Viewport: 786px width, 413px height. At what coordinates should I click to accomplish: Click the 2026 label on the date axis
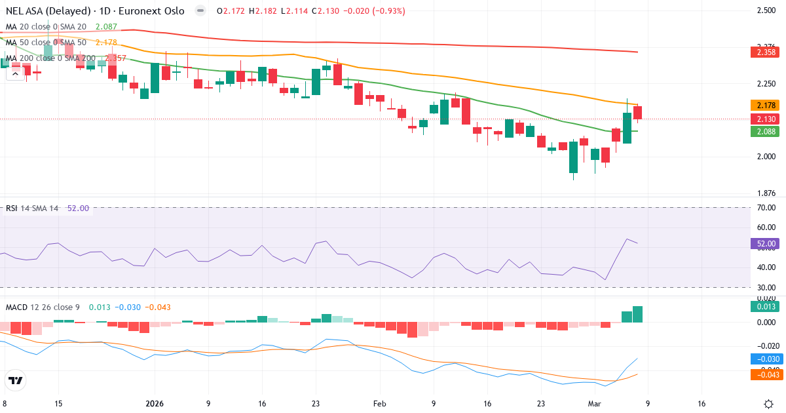tap(155, 404)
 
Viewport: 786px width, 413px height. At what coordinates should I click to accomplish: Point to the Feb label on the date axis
tap(380, 404)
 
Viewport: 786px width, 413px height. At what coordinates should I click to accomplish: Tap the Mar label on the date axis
tap(593, 404)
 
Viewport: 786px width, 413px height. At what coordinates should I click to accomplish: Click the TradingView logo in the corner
tap(16, 380)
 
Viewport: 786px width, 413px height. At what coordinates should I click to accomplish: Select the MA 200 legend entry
tap(49, 58)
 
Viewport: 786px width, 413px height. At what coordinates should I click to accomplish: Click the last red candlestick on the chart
tap(637, 113)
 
